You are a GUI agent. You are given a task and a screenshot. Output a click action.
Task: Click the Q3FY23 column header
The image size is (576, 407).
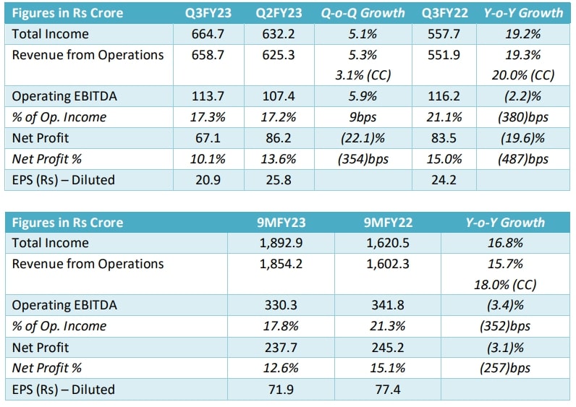click(x=207, y=13)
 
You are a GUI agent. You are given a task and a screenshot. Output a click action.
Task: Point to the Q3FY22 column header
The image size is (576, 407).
click(x=444, y=13)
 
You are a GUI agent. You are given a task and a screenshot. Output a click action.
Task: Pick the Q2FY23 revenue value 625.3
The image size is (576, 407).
click(x=278, y=55)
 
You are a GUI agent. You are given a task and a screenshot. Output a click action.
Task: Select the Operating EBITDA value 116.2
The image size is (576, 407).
click(x=444, y=97)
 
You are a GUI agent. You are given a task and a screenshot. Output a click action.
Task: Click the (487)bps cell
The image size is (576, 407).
click(x=525, y=160)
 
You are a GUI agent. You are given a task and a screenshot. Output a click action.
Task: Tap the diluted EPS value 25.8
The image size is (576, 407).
click(x=278, y=180)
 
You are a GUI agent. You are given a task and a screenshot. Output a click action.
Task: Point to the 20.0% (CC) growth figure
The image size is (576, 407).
click(x=525, y=75)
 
